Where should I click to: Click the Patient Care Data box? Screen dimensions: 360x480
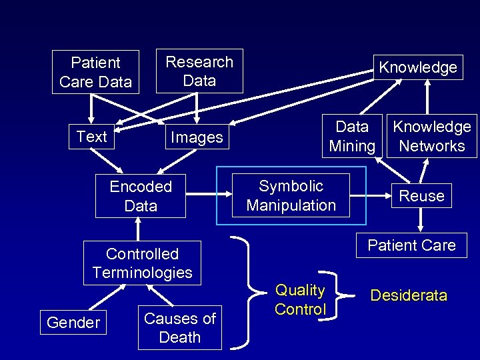[x=95, y=72]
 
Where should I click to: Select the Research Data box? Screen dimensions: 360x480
[x=199, y=71]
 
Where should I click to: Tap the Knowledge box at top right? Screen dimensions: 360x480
[x=418, y=67]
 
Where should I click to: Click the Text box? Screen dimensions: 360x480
[x=91, y=137]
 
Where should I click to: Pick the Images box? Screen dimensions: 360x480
[x=197, y=137]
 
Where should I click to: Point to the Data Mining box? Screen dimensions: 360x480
[x=352, y=136]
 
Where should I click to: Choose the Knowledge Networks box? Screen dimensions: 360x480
[x=432, y=136]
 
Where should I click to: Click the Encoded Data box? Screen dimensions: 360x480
[x=141, y=196]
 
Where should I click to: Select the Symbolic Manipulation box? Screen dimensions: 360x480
[x=291, y=195]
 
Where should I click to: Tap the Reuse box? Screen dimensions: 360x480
[x=421, y=196]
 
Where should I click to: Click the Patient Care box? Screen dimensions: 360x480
[x=411, y=245]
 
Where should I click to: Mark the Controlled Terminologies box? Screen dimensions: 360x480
[x=142, y=263]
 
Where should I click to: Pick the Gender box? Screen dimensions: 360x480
[x=73, y=323]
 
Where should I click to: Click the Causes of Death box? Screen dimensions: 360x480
[x=180, y=327]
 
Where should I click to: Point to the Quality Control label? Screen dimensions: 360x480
[x=300, y=299]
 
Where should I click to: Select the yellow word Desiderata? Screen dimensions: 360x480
[x=409, y=295]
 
